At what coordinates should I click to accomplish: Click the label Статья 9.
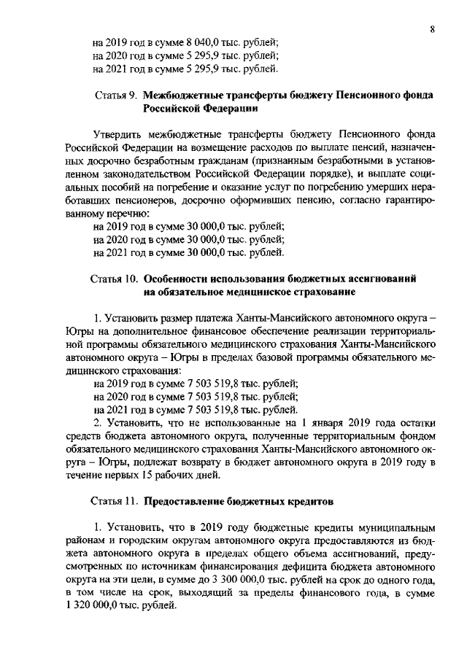point(116,96)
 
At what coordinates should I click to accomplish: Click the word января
point(336,423)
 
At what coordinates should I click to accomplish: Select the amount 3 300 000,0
point(274,580)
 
